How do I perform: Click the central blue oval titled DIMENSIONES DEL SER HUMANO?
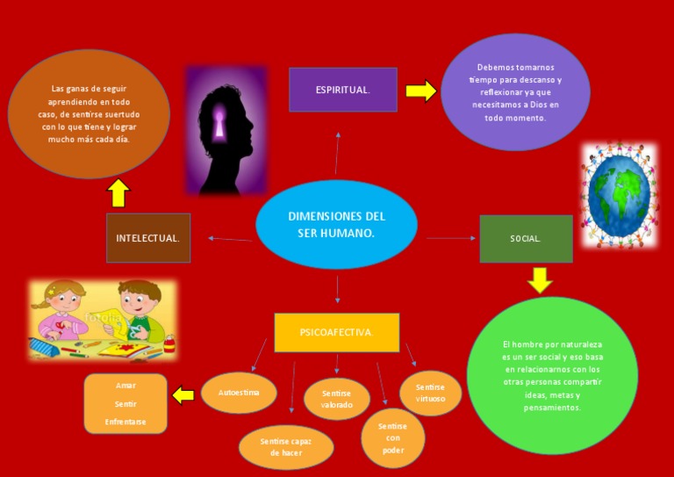tap(336, 224)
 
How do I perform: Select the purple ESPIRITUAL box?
tap(343, 90)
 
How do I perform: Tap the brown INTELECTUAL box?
tap(148, 238)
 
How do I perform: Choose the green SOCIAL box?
tap(526, 238)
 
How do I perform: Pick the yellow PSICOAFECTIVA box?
tap(337, 332)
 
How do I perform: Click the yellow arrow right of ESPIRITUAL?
tap(421, 90)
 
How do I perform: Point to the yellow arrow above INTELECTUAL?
tap(118, 192)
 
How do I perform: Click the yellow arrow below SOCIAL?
tap(540, 279)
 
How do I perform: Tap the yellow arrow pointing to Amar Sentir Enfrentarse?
tap(183, 395)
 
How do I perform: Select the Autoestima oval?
tap(239, 393)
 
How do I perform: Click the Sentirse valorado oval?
tap(337, 399)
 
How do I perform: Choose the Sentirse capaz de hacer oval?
tap(286, 446)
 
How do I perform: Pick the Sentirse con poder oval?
tap(393, 437)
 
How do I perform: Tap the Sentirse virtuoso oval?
tap(430, 393)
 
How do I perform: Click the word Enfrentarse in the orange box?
tap(125, 422)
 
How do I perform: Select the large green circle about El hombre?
tap(552, 375)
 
